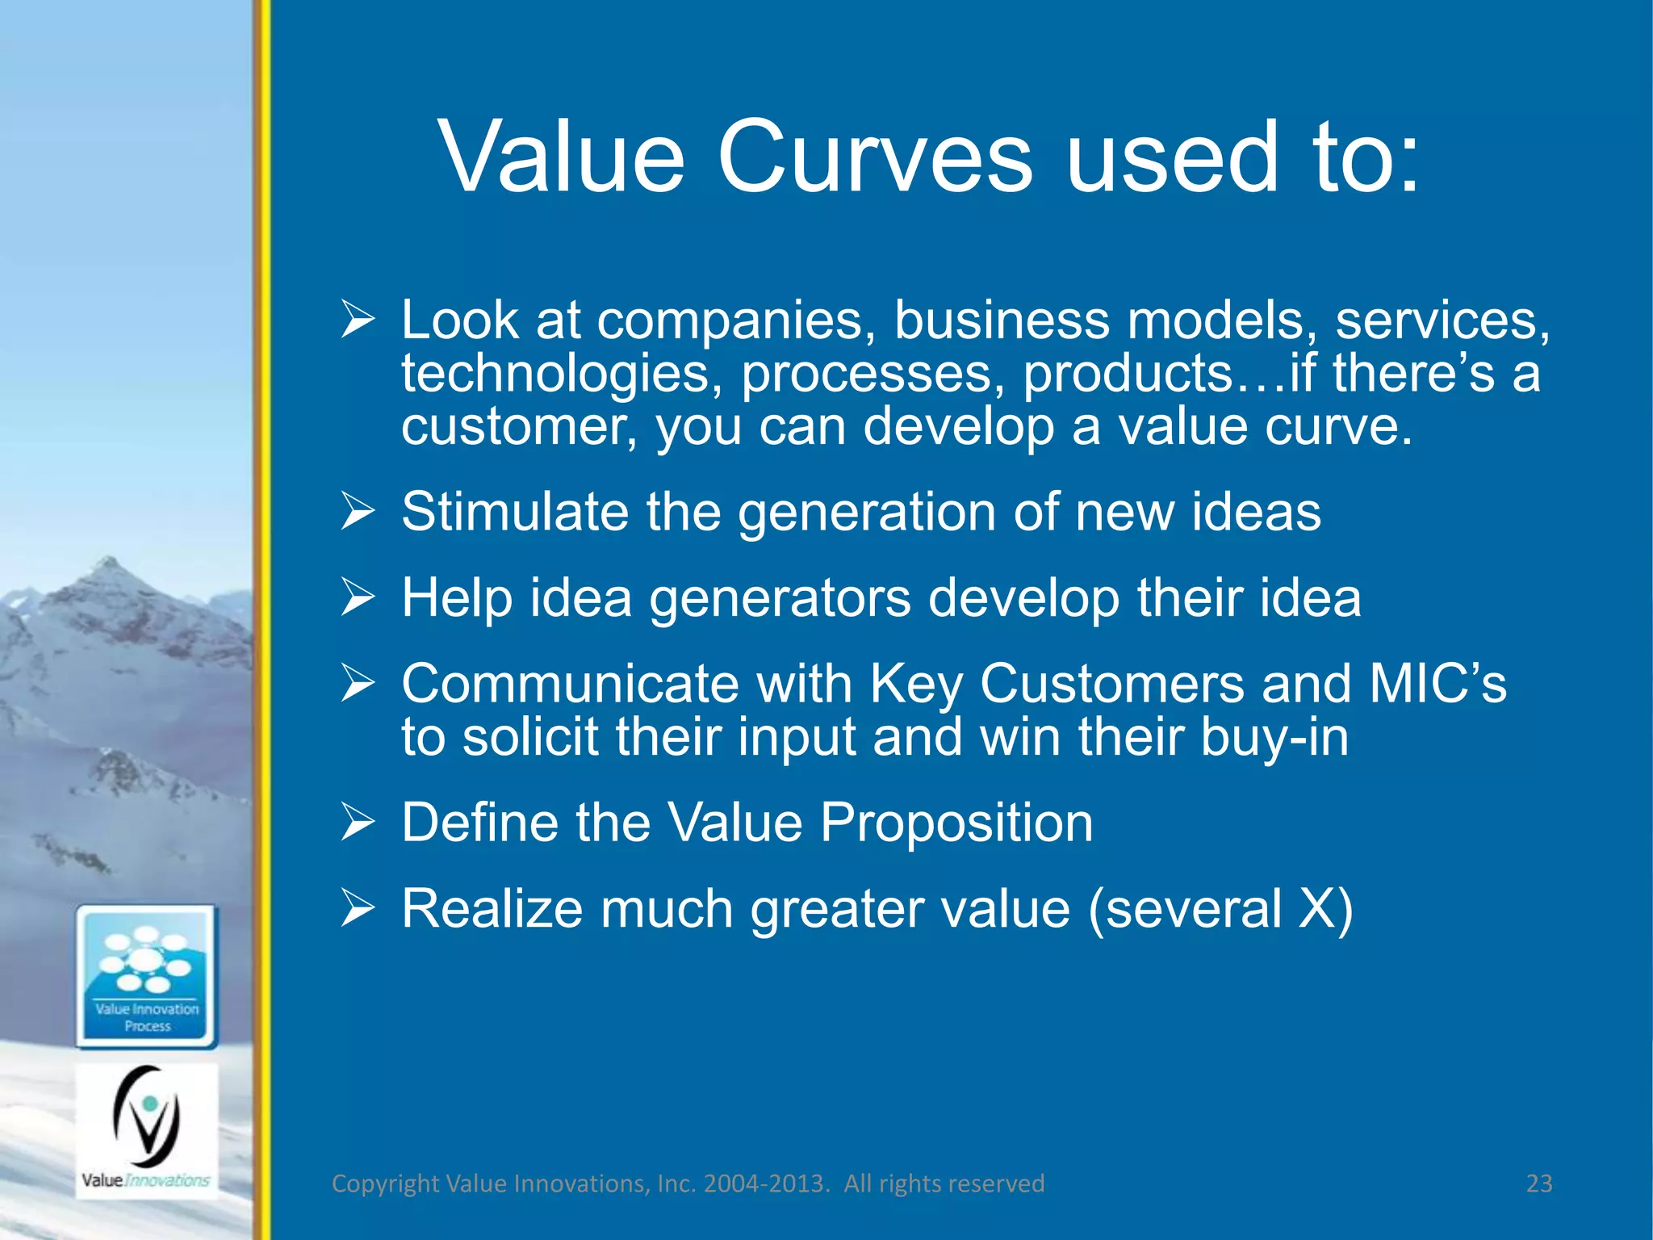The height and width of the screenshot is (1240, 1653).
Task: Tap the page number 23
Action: point(1538,1183)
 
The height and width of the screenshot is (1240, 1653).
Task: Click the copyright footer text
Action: point(688,1183)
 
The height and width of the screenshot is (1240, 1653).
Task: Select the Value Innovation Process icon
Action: point(147,976)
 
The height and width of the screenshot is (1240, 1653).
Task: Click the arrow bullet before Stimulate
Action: point(358,512)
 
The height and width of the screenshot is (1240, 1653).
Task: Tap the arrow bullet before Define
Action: point(358,823)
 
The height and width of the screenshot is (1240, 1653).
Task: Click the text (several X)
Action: point(1220,909)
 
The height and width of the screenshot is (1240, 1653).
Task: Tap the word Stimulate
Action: point(514,512)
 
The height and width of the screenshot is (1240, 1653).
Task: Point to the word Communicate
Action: point(570,684)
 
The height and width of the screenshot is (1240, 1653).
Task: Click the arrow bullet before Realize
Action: point(358,909)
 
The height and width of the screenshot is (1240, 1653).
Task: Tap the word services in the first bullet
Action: point(1441,320)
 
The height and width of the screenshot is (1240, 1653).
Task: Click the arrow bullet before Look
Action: point(358,320)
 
